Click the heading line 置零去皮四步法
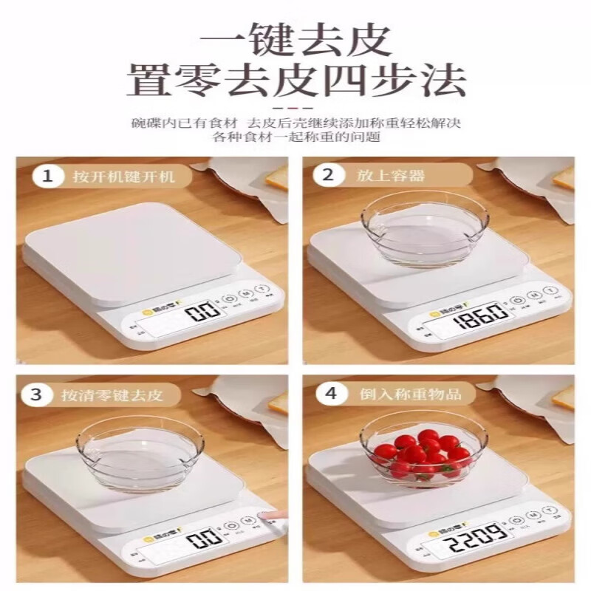[x=295, y=83]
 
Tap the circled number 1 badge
[x=48, y=177]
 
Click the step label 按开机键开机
[x=123, y=177]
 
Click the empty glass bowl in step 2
[x=424, y=228]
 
